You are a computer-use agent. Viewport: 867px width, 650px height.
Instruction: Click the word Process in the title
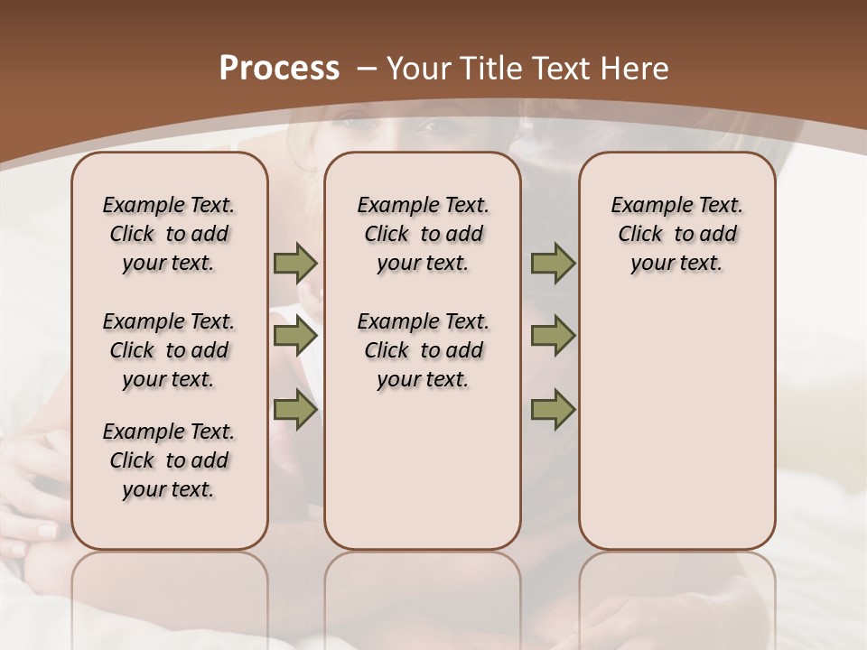279,68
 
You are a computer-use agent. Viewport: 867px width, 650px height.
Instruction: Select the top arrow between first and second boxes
295,264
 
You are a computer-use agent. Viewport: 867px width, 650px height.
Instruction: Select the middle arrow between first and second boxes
295,337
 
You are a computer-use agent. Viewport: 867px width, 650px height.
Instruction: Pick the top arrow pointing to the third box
553,264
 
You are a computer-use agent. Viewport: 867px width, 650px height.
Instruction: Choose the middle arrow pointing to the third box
553,337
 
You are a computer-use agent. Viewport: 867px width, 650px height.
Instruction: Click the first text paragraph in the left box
169,234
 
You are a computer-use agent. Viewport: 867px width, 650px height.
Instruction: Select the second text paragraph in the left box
169,350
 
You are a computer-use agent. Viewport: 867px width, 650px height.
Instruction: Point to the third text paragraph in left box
169,460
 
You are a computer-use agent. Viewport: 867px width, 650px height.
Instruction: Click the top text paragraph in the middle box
423,234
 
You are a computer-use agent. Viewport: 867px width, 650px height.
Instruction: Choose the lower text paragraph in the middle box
423,350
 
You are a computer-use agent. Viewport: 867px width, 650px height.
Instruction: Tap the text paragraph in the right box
676,234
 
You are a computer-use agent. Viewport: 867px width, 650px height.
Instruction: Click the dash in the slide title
367,69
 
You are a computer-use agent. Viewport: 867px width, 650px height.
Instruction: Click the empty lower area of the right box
676,424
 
